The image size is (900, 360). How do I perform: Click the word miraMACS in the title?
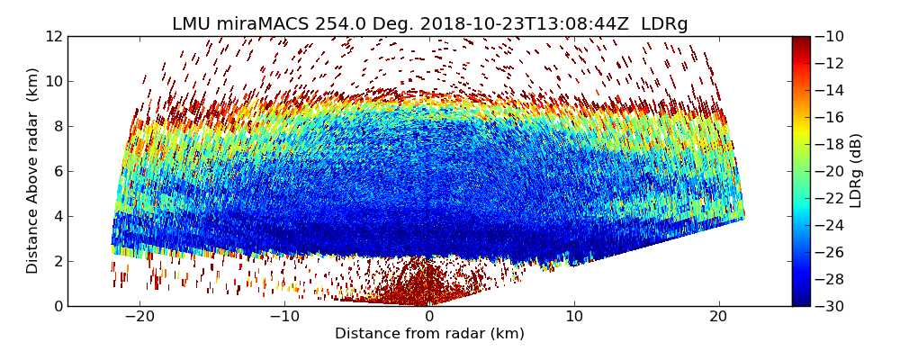click(x=267, y=24)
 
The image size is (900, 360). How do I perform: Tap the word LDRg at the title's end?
click(x=664, y=24)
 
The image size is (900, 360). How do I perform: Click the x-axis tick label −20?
click(x=139, y=317)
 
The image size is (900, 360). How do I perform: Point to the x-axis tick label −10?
click(x=284, y=317)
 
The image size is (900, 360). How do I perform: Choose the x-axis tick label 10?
click(x=574, y=317)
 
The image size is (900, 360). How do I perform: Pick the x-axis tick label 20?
click(x=718, y=317)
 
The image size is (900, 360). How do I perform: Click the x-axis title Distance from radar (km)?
click(x=429, y=334)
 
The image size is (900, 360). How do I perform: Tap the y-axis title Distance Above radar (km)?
click(x=33, y=171)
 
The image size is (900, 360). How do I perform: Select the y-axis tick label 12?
click(x=55, y=36)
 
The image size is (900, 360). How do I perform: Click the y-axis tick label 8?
click(x=58, y=126)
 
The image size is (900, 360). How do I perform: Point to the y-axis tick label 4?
click(x=58, y=216)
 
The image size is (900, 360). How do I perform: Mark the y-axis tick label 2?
click(x=58, y=261)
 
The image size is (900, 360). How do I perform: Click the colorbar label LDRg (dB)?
click(x=856, y=171)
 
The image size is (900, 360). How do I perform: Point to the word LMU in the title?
click(x=191, y=24)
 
